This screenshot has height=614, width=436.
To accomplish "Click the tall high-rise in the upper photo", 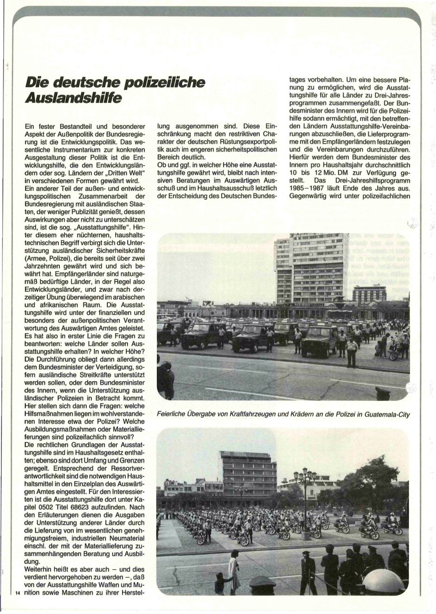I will [309, 268].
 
